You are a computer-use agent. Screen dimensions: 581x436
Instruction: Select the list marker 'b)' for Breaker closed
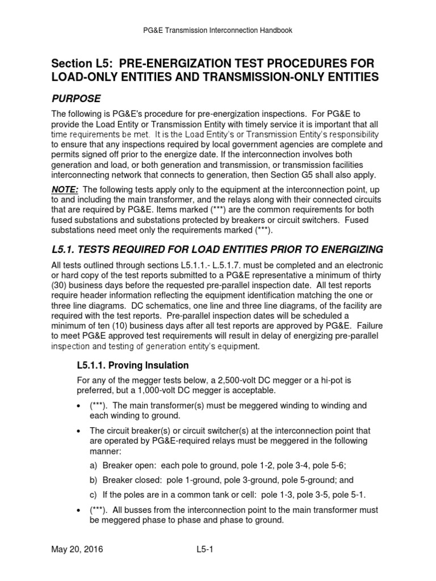(x=94, y=479)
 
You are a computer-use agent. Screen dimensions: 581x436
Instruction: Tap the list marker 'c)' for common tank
(x=94, y=494)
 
